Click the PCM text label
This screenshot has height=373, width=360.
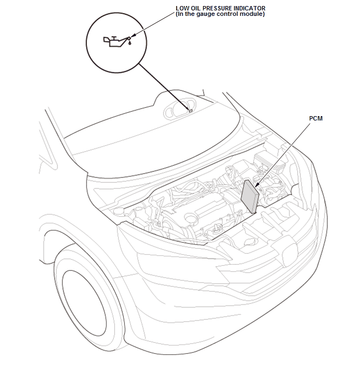point(316,118)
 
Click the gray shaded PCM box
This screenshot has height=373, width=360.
point(249,196)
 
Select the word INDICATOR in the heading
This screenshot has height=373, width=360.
point(249,8)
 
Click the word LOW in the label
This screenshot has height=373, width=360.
point(181,8)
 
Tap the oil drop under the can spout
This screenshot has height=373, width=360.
point(130,43)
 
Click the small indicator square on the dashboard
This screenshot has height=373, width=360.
point(190,111)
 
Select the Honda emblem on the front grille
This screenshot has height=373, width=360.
point(289,253)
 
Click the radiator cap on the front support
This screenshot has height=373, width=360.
point(251,242)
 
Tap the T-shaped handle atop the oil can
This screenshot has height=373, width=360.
point(114,38)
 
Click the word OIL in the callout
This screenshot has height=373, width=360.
point(195,8)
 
